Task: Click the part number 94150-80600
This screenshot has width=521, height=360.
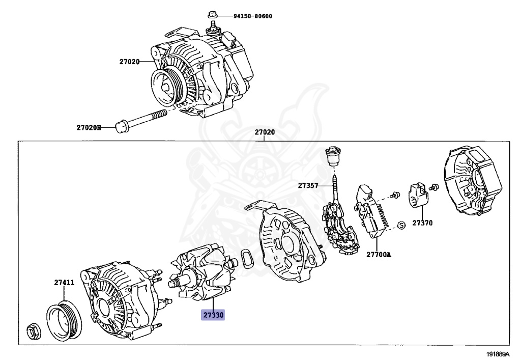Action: pos(253,16)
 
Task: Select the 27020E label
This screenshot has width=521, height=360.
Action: pos(89,127)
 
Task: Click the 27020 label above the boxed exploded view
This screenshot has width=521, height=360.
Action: pos(265,132)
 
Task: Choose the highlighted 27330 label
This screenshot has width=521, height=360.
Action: pos(214,315)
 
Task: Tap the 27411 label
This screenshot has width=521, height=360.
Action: pos(65,282)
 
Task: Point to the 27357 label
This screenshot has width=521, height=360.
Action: pos(308,186)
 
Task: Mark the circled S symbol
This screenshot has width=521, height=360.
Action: pos(400,225)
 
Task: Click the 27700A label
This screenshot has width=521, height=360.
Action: pos(379,254)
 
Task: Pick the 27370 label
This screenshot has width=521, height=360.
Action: pos(422,223)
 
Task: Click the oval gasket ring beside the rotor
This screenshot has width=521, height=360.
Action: pos(247,259)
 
